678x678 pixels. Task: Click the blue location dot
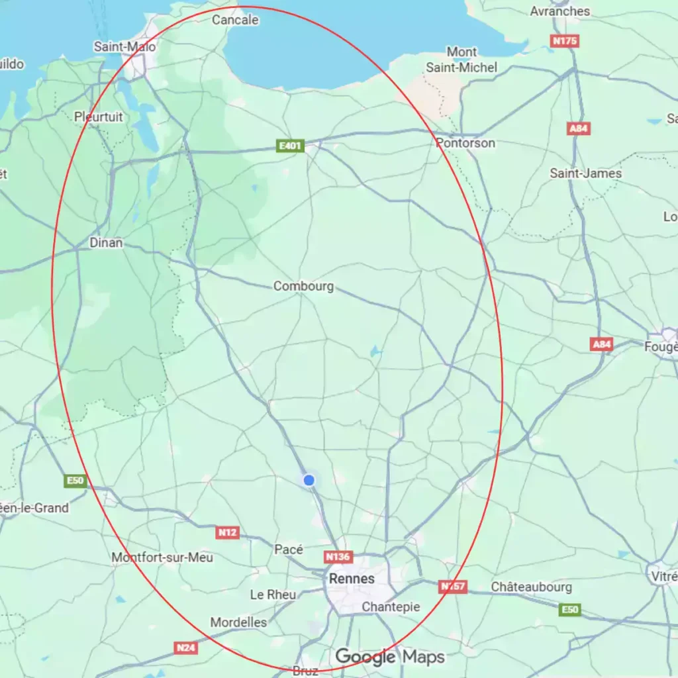click(309, 480)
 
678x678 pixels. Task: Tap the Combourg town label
click(303, 287)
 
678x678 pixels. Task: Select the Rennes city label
click(352, 579)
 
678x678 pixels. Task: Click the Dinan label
click(107, 243)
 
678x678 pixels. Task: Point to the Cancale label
click(235, 21)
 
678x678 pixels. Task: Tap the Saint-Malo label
click(125, 47)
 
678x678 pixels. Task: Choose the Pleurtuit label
click(99, 117)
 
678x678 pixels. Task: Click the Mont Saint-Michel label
click(461, 60)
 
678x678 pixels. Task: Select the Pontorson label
click(465, 143)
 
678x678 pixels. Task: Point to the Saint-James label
click(586, 173)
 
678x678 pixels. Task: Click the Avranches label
click(560, 11)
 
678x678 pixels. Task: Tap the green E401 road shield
click(290, 146)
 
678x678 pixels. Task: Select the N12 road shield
click(227, 532)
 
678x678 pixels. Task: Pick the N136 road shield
click(338, 557)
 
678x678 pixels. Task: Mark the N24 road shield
click(186, 648)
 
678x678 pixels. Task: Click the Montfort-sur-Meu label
click(162, 557)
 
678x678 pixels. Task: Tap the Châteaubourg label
click(532, 587)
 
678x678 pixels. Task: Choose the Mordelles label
click(238, 622)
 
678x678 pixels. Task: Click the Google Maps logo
click(389, 657)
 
